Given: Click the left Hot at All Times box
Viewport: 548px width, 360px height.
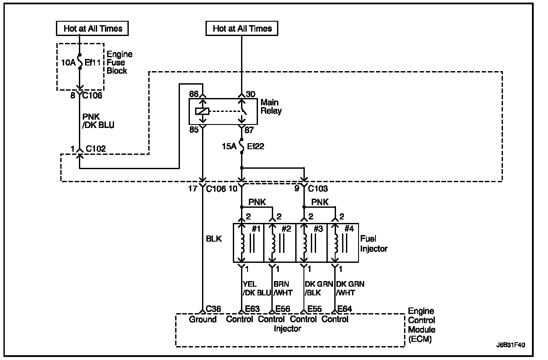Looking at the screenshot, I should [93, 29].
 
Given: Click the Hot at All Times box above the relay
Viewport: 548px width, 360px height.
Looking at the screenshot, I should [242, 29].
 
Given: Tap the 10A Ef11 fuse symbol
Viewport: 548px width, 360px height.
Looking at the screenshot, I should [80, 62].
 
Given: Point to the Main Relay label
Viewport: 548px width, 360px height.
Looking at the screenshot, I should [271, 107].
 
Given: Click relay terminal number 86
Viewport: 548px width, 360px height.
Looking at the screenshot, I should [193, 94].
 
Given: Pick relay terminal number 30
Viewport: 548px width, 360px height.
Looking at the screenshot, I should [251, 94].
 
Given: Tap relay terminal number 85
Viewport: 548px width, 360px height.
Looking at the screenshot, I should [193, 129].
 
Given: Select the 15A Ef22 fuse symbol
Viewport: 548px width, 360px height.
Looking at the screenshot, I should [242, 146].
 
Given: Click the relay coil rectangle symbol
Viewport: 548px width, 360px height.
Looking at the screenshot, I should [202, 111].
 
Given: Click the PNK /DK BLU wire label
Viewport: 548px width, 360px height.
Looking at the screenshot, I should [98, 121].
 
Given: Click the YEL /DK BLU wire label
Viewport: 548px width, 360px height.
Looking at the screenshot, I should [256, 288].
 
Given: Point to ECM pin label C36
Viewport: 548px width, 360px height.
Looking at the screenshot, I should [213, 309].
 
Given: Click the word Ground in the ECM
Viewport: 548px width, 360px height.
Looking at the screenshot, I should [202, 320].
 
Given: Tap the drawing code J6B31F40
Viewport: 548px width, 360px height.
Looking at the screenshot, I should [511, 346].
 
